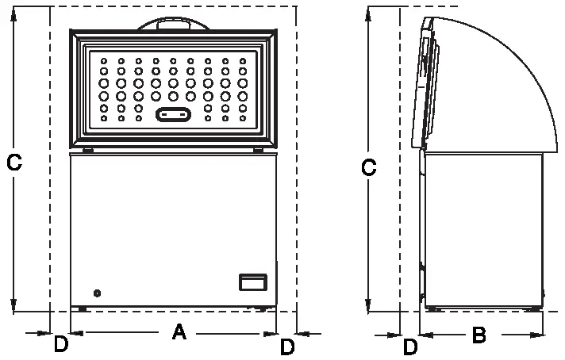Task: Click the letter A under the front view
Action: click(x=179, y=333)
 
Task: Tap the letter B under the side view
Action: click(x=479, y=335)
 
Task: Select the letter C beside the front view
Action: click(x=13, y=163)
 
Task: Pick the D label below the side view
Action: click(x=410, y=347)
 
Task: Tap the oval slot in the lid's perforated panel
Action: click(x=174, y=115)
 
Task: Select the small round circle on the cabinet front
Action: click(x=97, y=293)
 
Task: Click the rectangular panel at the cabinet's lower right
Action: click(x=254, y=282)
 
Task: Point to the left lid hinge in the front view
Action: click(x=87, y=149)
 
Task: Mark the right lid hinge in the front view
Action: click(x=259, y=149)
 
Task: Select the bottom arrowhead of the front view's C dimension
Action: click(x=14, y=307)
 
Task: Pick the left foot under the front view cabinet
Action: click(x=83, y=308)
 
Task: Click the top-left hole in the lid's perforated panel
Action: click(x=104, y=60)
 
